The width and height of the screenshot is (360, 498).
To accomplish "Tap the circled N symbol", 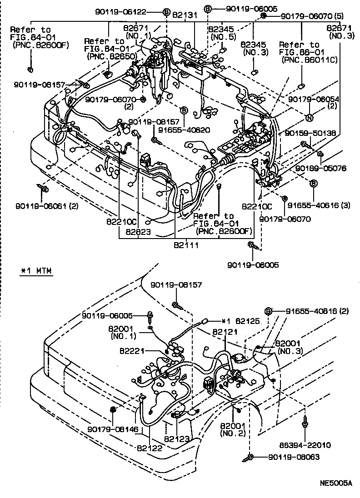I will click(x=309, y=117).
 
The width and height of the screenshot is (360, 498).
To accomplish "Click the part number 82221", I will click(x=132, y=351).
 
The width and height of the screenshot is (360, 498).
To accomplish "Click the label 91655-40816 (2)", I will click(x=317, y=311).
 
